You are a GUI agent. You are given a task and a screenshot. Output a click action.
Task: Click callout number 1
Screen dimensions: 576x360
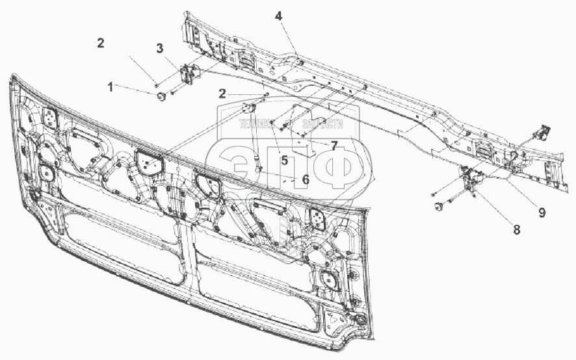[111, 86]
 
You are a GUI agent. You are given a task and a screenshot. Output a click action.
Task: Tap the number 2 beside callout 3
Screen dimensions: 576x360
[100, 44]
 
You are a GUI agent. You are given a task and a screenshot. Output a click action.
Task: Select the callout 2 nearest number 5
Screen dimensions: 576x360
[222, 94]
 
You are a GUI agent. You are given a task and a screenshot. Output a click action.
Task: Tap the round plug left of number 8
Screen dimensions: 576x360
[439, 207]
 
